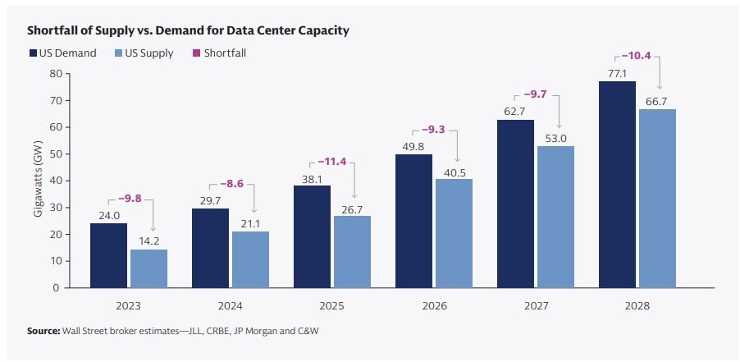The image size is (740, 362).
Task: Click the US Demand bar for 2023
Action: pyautogui.click(x=108, y=255)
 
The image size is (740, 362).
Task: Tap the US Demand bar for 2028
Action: pyautogui.click(x=616, y=185)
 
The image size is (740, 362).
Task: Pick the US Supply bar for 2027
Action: pyautogui.click(x=555, y=217)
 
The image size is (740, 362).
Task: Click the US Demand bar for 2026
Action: pyautogui.click(x=413, y=221)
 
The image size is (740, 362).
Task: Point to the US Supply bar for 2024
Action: pyautogui.click(x=250, y=259)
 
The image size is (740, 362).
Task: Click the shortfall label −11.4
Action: pyautogui.click(x=331, y=161)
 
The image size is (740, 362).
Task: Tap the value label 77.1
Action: pyautogui.click(x=616, y=73)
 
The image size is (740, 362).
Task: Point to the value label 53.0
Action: pyautogui.click(x=555, y=138)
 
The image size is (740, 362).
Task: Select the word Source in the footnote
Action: pyautogui.click(x=43, y=331)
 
